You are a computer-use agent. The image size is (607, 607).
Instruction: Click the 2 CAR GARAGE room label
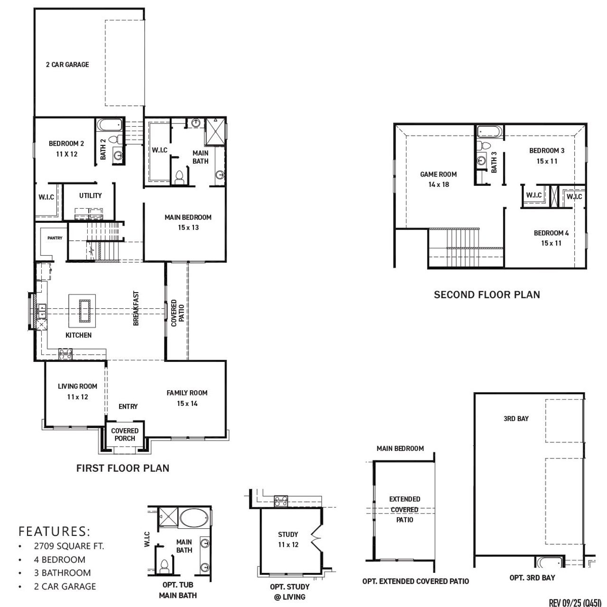coord(67,64)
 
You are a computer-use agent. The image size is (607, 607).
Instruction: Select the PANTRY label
coord(55,238)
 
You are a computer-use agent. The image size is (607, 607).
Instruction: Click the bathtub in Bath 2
coord(109,126)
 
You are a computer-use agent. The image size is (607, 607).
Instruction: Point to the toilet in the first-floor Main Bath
coord(179,177)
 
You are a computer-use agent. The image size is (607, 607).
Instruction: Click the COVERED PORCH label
coord(125,434)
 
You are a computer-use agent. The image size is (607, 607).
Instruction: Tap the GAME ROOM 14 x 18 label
coord(438,179)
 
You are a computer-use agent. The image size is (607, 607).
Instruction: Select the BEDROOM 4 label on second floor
coord(551,238)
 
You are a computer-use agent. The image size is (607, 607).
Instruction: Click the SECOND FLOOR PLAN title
coord(487,294)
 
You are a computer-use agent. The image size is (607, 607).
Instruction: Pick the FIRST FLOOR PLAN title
coord(123,468)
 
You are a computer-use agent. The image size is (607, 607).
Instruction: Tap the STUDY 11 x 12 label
coord(288,540)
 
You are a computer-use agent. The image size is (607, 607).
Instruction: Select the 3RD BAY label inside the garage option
coord(516,419)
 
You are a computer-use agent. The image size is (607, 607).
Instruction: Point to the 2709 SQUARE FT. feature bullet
coord(69,546)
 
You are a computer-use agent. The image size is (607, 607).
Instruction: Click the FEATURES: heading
coord(54,530)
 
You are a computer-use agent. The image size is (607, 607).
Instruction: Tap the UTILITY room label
coord(90,195)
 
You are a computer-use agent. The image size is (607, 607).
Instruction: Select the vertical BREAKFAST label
coord(136,308)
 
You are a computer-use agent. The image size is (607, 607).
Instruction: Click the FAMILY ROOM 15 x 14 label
coord(187,398)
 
